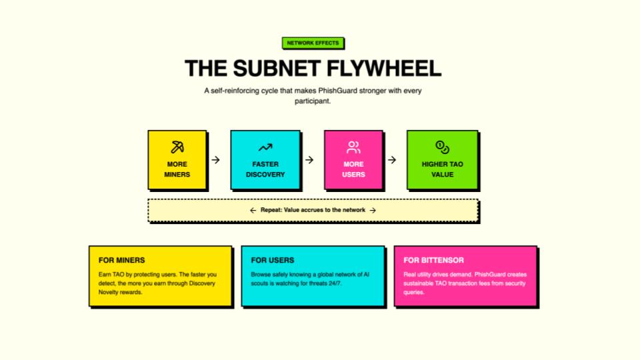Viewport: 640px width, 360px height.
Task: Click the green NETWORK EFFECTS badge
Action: [313, 43]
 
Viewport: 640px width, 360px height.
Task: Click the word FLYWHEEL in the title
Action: [383, 68]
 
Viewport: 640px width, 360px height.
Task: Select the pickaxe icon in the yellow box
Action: [177, 147]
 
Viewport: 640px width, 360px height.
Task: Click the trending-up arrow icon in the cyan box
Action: [265, 147]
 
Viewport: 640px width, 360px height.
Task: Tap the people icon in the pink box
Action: [353, 147]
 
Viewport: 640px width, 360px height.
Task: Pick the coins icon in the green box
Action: [442, 147]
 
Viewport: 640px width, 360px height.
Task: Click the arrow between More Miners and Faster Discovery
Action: [215, 160]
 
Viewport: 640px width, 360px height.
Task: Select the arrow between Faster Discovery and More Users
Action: [309, 160]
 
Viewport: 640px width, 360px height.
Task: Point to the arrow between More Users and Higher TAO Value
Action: [392, 160]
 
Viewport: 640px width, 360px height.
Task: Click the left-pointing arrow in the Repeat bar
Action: [253, 210]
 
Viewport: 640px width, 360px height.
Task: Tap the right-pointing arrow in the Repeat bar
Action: [373, 210]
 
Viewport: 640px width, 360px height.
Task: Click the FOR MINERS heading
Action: [121, 260]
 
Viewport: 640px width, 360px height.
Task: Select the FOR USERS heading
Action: [273, 260]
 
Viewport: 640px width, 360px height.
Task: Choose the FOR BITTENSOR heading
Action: [433, 260]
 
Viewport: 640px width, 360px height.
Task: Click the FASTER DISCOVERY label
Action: [265, 169]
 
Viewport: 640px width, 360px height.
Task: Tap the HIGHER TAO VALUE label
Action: [442, 169]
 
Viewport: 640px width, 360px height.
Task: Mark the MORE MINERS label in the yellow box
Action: [177, 169]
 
